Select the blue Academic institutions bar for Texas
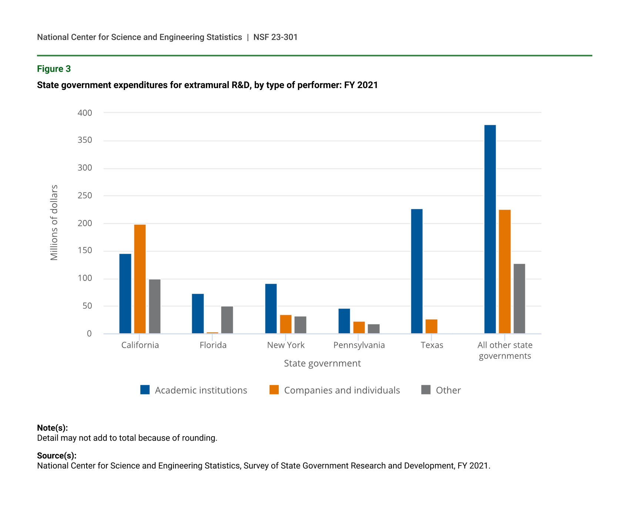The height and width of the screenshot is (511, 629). click(417, 271)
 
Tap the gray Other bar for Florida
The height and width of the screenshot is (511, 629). click(227, 320)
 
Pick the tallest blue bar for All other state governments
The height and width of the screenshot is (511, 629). click(490, 229)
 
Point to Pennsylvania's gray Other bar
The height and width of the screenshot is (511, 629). click(374, 329)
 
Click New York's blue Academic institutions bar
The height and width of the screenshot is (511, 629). click(271, 308)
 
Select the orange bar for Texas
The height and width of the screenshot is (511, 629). click(431, 326)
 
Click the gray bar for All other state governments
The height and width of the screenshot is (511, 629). click(519, 298)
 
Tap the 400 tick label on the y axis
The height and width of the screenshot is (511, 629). click(85, 113)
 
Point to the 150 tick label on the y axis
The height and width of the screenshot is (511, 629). click(85, 251)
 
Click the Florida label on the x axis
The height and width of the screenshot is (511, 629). click(213, 345)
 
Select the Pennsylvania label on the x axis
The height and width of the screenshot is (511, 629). click(359, 345)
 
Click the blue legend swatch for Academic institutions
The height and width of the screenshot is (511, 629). click(145, 390)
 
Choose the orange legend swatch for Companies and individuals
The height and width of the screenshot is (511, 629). click(274, 390)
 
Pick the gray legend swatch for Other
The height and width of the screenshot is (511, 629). click(426, 390)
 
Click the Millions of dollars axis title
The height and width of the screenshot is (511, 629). click(54, 223)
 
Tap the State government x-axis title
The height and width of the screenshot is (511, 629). click(322, 363)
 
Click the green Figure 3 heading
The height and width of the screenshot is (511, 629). click(54, 69)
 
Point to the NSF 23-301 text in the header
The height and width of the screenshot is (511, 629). click(275, 37)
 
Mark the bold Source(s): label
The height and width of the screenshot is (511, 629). click(57, 455)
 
